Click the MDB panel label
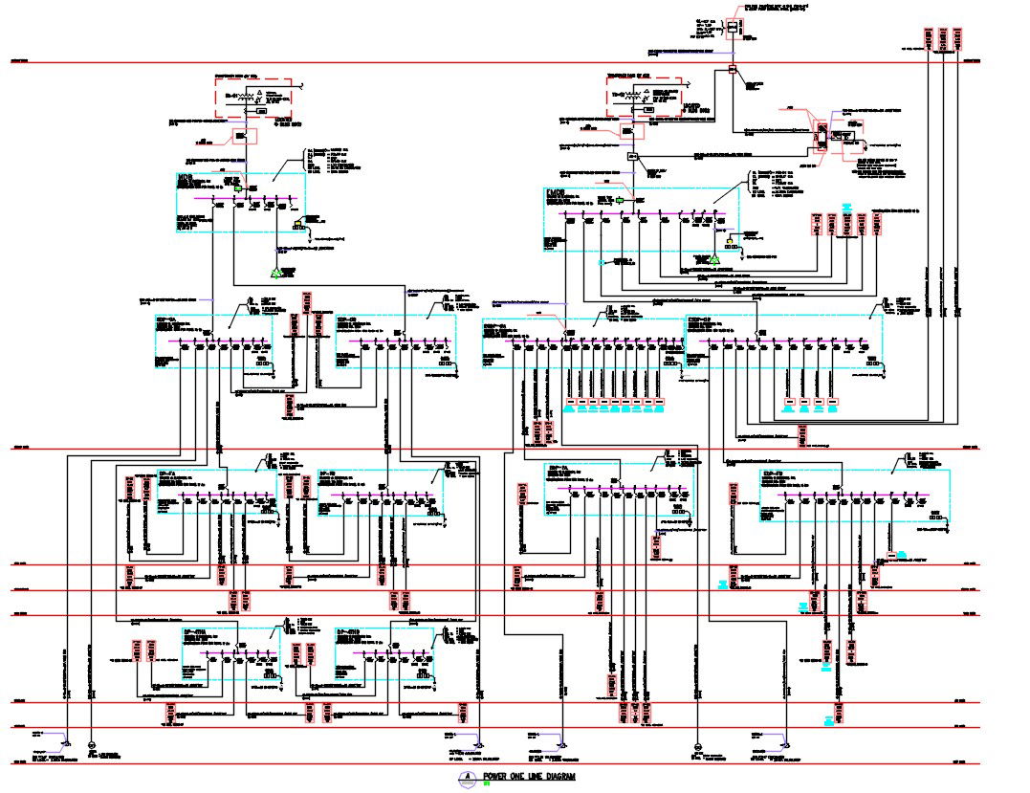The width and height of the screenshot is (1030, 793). [x=186, y=177]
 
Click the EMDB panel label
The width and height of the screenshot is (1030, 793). [x=554, y=193]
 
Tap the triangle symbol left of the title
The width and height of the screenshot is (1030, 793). [x=467, y=776]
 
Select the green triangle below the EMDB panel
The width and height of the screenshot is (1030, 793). [x=712, y=259]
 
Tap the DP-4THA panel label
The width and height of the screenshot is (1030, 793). [x=195, y=633]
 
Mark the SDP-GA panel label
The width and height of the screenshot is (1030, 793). [x=166, y=320]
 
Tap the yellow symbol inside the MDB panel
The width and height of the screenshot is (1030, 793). [x=299, y=226]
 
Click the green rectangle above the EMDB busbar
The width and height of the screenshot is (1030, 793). [x=621, y=199]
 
